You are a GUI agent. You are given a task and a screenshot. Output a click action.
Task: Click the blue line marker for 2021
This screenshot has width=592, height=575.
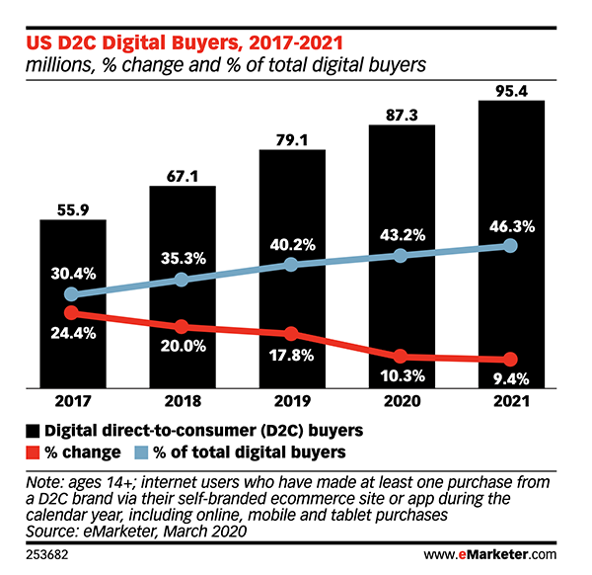point(510,245)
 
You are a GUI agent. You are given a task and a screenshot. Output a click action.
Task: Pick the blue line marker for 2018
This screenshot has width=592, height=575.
point(182,280)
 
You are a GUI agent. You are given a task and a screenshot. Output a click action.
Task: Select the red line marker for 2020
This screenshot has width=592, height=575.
point(401,356)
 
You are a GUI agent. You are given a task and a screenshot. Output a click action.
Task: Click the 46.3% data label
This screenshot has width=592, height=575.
point(510,225)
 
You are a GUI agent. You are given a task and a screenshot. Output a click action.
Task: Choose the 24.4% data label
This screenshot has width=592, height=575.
point(73,333)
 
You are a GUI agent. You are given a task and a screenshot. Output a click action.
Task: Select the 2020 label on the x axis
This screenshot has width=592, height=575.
point(401,401)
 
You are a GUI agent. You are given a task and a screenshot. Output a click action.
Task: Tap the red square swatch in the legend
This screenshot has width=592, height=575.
point(34,452)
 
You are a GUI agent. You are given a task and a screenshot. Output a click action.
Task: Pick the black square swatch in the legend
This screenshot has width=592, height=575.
point(34,431)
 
